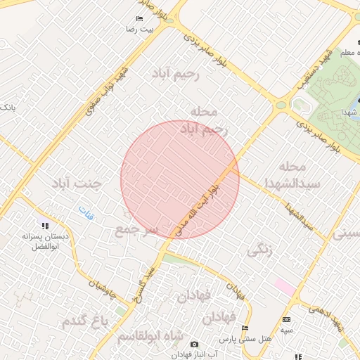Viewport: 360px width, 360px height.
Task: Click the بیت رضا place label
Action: coord(139,30)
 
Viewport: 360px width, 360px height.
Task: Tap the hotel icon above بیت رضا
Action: coord(139,18)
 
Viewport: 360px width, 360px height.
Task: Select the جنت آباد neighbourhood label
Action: coord(76,184)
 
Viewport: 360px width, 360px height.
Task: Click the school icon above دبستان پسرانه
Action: coord(46,226)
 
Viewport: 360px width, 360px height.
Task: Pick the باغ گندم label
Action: coord(86,321)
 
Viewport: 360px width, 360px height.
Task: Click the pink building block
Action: coord(284,286)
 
